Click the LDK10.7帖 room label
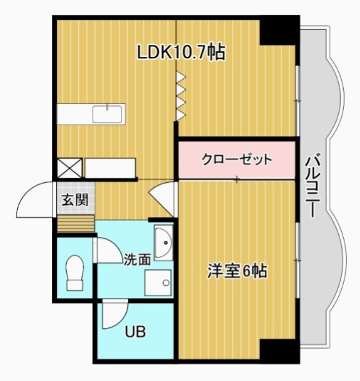point(181,52)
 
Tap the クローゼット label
point(236,159)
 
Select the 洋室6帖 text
point(237,271)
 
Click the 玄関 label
point(74,200)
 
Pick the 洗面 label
point(137,260)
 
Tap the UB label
point(135,332)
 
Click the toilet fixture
point(75,272)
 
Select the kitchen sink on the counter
point(108,114)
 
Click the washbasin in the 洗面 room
point(163,243)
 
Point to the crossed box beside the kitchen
point(69,168)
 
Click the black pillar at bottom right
point(279,351)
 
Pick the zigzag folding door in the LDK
point(181,96)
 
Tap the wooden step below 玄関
point(75,224)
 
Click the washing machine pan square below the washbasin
point(158,283)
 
